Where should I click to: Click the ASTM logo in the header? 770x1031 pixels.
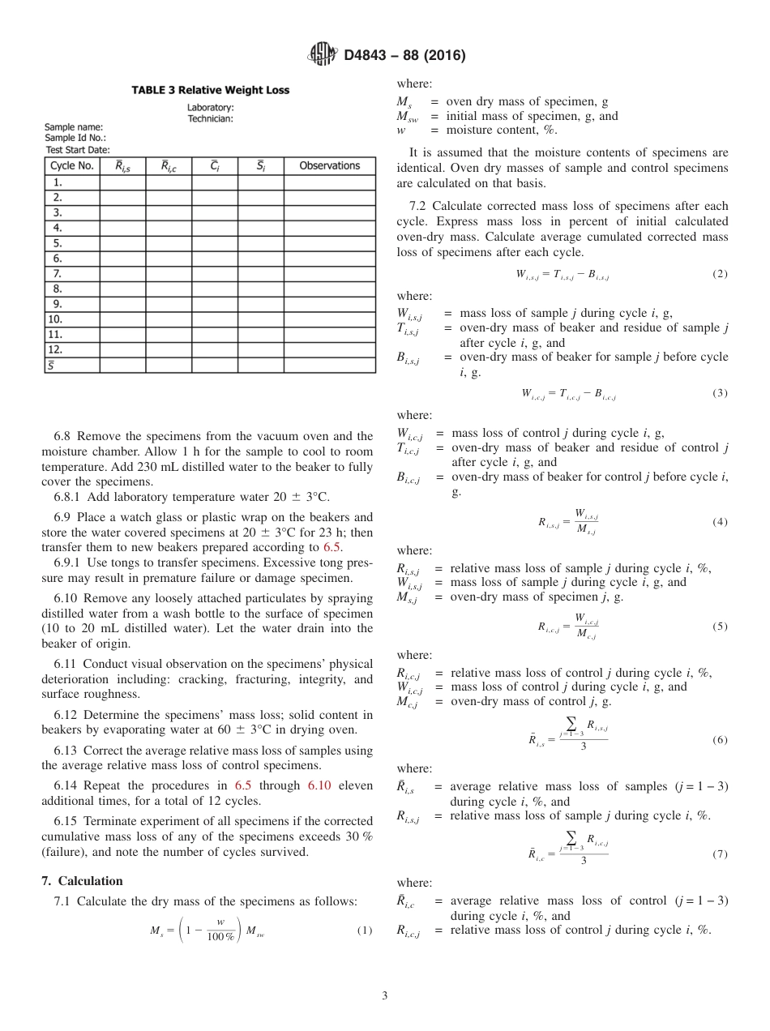pos(323,56)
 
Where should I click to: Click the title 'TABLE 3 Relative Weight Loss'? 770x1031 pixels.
pos(210,90)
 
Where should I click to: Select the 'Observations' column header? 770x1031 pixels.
pos(329,165)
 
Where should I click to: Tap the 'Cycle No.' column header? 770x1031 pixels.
pos(72,165)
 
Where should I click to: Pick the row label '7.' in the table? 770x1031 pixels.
pos(58,273)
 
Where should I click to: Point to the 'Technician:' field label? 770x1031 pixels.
pos(210,118)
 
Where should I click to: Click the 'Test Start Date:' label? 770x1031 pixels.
pos(77,149)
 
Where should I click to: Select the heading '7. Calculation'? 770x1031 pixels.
pos(82,881)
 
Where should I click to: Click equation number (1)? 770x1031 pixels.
pos(365,930)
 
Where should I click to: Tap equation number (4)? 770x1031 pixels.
pos(720,522)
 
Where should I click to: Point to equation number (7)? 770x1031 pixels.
pos(720,854)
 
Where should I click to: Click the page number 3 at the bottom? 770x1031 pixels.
pos(384,995)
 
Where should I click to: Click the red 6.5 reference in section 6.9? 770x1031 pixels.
pos(332,546)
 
